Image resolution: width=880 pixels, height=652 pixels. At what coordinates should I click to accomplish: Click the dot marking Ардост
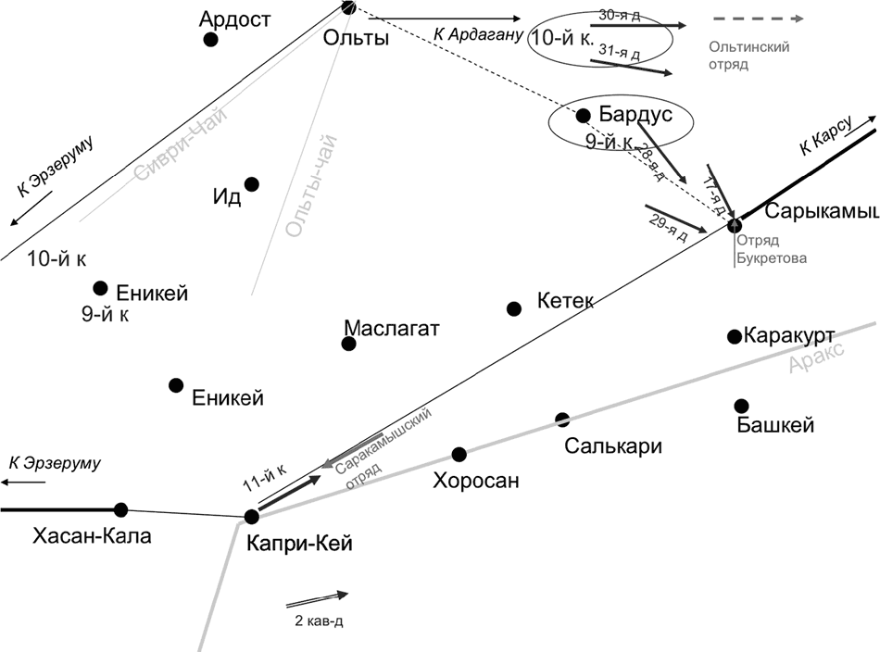(211, 40)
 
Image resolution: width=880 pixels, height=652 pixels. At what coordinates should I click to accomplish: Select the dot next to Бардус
(584, 116)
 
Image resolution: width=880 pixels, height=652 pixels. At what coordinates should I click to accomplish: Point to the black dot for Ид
(252, 184)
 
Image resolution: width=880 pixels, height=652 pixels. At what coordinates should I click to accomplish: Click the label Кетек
(564, 301)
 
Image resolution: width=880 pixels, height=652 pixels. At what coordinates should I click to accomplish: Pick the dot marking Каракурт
(735, 335)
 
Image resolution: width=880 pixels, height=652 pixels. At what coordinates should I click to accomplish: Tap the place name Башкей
(775, 426)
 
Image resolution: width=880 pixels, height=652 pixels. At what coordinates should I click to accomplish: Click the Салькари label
(613, 445)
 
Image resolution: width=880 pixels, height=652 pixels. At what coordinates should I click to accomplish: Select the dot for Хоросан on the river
(459, 454)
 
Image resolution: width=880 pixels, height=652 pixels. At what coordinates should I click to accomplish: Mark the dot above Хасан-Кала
(120, 509)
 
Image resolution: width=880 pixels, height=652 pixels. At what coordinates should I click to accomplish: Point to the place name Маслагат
(391, 329)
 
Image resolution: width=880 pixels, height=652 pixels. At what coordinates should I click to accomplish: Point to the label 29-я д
(666, 227)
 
